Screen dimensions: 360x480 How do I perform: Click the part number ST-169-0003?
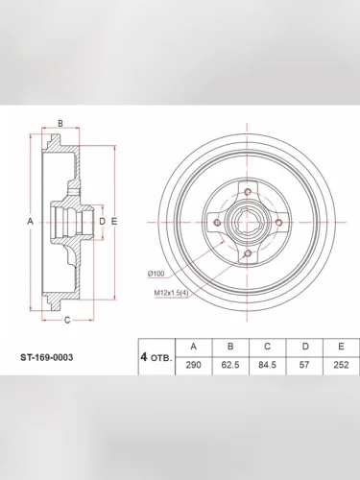coord(47,357)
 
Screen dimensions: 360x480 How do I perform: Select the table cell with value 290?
coord(194,365)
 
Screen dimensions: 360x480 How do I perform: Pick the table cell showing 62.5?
coord(230,365)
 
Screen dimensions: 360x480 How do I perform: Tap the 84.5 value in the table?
coord(268,365)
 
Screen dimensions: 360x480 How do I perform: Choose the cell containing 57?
coord(304,365)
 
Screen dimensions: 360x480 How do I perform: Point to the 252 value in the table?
coord(341,365)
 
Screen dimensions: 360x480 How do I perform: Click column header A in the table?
coord(194,347)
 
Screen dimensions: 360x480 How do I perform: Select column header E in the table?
coord(341,347)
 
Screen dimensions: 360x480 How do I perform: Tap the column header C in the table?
coord(268,347)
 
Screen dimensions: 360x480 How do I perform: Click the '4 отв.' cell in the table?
coord(156,357)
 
